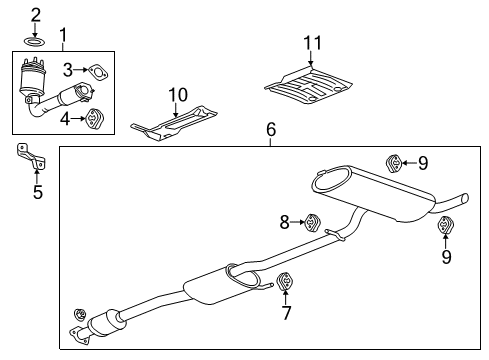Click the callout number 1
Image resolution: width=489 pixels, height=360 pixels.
[63, 37]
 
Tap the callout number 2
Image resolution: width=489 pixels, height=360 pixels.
[35, 14]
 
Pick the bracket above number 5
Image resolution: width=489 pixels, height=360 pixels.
[24, 158]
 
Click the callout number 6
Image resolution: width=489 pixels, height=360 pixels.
[269, 130]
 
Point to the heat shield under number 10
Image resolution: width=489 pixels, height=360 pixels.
[176, 122]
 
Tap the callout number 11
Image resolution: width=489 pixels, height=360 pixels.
[313, 42]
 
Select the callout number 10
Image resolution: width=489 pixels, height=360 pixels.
[177, 95]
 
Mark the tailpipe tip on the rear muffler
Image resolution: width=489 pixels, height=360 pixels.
[461, 197]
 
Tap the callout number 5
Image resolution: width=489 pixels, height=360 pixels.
[37, 192]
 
